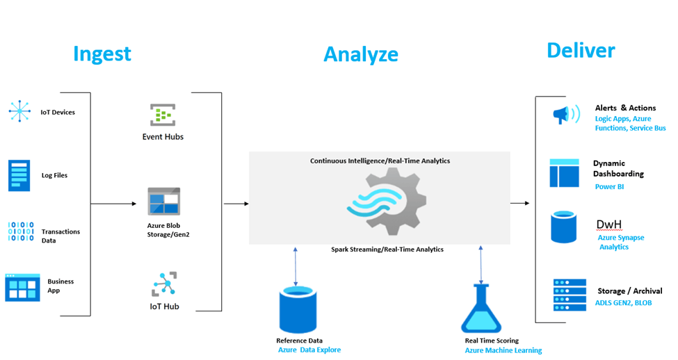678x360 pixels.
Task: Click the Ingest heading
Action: [102, 54]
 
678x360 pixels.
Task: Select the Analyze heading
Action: [361, 54]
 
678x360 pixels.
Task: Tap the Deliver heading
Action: [581, 50]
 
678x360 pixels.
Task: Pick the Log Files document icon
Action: [19, 175]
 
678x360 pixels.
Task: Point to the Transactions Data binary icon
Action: [20, 232]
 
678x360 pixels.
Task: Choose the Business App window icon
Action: [22, 286]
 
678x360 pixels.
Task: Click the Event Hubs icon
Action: [163, 114]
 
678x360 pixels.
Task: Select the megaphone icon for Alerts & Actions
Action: [565, 115]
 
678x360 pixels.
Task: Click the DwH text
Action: [609, 224]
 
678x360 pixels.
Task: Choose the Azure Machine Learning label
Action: [503, 350]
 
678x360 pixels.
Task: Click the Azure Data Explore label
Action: [309, 350]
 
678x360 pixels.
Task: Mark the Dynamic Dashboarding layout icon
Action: [564, 173]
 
